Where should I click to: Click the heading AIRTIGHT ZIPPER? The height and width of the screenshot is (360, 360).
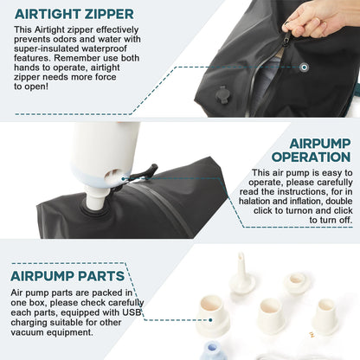point(74,14)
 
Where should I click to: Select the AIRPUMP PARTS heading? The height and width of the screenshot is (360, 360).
point(67,276)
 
